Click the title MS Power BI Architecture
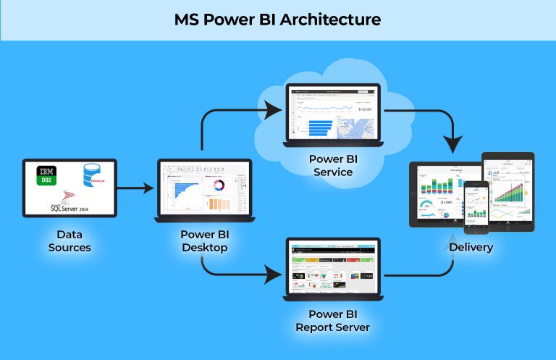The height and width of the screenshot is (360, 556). [277, 20]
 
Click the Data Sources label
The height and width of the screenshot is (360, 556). [69, 241]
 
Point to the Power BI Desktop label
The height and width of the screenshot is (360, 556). [204, 241]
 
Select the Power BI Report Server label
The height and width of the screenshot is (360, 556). [332, 321]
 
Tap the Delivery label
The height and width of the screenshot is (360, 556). [471, 247]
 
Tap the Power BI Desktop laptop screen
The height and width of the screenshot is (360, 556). [204, 190]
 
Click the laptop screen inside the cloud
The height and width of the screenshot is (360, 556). [333, 113]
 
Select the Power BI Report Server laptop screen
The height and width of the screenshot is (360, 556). [333, 269]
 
